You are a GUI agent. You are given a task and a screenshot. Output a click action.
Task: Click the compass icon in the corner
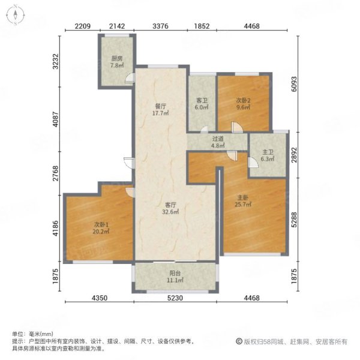[16, 15]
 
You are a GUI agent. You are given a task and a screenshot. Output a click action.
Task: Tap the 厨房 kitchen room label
[117, 62]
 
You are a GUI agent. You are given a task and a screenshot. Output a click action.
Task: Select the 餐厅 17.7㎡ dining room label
[161, 110]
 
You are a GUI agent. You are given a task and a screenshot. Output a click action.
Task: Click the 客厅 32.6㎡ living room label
[170, 208]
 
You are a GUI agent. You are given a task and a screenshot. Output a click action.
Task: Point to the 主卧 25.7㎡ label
[243, 201]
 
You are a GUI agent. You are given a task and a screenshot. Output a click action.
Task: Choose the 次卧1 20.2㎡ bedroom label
[101, 228]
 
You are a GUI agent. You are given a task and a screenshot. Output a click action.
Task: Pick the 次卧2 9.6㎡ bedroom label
[244, 104]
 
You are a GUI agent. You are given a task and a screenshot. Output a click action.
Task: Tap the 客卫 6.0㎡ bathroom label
[202, 104]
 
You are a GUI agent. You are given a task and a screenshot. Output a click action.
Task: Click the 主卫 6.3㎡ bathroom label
[268, 155]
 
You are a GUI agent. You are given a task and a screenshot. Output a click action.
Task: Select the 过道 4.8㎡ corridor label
[218, 142]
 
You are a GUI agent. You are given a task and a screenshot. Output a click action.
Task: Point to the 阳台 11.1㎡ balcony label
[175, 277]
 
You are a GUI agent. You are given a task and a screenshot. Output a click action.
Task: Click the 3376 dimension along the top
[160, 26]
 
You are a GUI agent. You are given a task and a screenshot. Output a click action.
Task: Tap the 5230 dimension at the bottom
[175, 298]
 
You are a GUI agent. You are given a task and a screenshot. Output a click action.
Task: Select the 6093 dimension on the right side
[294, 84]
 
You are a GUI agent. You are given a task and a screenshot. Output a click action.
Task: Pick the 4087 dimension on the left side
[56, 119]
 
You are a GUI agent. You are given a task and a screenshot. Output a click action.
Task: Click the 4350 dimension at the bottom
[100, 298]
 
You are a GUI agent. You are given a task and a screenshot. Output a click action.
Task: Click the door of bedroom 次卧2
[237, 127]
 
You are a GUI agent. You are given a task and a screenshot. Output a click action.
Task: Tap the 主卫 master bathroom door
[253, 163]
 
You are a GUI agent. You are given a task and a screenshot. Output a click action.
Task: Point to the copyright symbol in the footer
[239, 341]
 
